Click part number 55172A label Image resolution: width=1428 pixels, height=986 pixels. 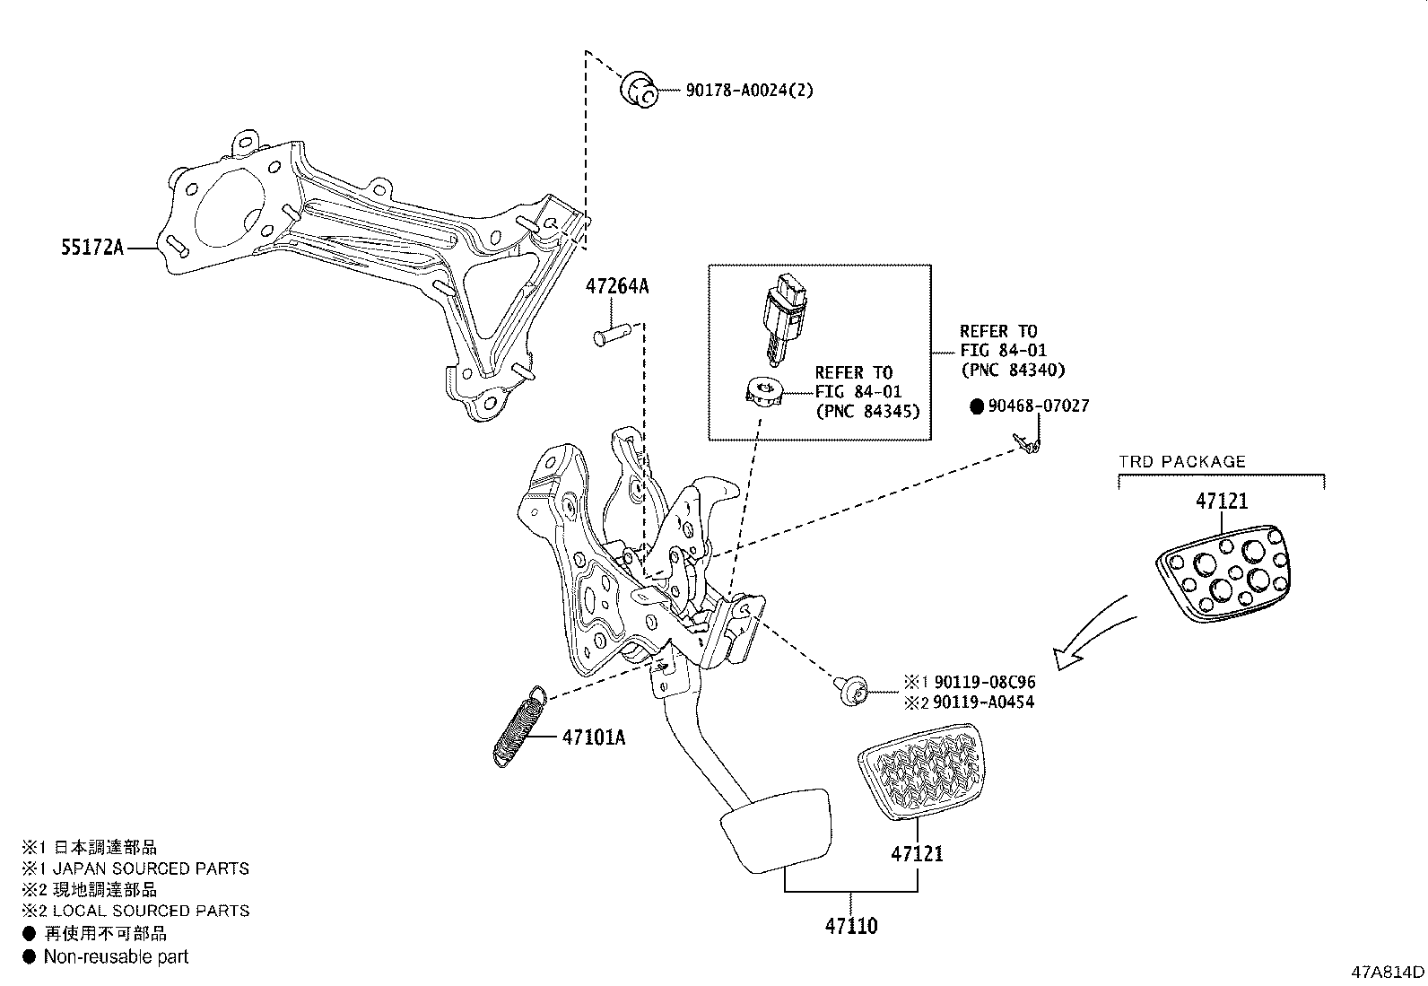91,248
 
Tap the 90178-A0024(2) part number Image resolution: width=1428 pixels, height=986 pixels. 750,91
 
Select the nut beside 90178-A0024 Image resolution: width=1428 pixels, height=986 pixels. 639,89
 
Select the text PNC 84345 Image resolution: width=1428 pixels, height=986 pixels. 867,412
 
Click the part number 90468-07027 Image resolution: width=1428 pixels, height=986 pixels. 1038,406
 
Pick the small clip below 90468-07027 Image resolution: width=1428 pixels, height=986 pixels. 1028,442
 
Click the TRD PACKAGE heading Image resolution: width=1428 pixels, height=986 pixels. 1182,462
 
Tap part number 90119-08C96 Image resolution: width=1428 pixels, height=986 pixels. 983,683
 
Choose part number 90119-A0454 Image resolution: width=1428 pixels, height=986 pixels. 983,702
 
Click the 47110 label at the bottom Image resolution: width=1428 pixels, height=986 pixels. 851,926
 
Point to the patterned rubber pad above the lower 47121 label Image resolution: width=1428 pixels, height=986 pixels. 921,772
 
